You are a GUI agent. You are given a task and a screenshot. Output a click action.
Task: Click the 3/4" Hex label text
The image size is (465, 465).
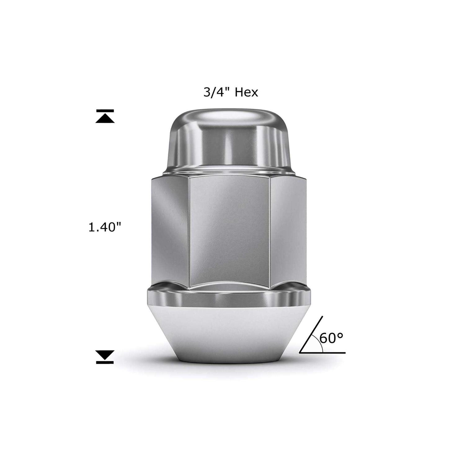230,92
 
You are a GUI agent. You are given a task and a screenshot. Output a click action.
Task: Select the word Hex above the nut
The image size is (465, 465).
246,92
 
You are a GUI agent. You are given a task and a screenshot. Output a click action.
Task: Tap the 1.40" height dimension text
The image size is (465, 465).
104,228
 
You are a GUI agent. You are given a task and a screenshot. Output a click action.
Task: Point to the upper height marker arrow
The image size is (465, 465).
105,119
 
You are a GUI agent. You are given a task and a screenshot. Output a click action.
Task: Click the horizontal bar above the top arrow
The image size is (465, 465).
105,111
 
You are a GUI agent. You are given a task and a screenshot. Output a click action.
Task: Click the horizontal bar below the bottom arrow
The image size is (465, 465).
105,362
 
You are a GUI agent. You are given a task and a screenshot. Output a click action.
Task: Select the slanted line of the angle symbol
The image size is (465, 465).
312,335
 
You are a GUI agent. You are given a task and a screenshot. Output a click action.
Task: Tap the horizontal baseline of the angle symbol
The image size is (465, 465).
322,353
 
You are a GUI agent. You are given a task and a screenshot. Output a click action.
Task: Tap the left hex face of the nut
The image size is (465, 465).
170,229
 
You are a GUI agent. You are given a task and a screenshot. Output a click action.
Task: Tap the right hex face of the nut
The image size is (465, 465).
288,229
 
